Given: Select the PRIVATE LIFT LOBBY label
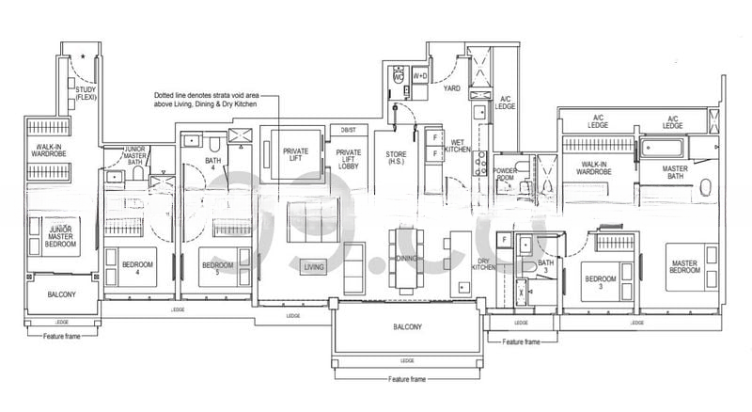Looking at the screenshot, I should click(350, 160).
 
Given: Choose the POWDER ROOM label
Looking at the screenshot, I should click(506, 174).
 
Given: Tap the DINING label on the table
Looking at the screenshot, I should click(406, 258).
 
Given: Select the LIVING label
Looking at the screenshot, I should click(313, 268).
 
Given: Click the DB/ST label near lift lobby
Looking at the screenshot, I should click(348, 129).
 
